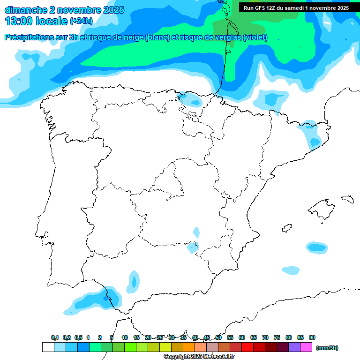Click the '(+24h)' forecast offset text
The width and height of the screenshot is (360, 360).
pyautogui.click(x=81, y=21)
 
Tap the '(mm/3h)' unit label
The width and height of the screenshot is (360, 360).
pyautogui.click(x=327, y=348)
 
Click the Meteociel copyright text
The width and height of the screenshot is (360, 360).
pyautogui.click(x=199, y=357)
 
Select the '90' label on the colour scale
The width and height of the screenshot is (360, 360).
pyautogui.click(x=312, y=337)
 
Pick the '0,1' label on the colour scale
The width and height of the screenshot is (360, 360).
pyautogui.click(x=55, y=337)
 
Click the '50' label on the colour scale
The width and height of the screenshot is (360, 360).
pyautogui.click(x=218, y=337)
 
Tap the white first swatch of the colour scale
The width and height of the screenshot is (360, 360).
pyautogui.click(x=48, y=347)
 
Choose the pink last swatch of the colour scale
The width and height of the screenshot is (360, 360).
pyautogui.click(x=306, y=347)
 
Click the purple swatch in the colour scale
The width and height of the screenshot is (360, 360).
pyautogui.click(x=294, y=347)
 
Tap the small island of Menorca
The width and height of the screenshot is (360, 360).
pyautogui.click(x=347, y=199)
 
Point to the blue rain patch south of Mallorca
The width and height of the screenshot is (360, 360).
pyautogui.click(x=316, y=247)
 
